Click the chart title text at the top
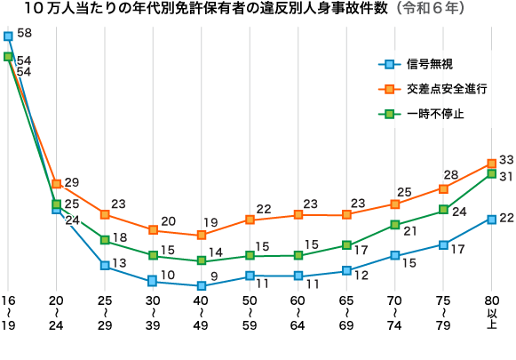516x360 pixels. [x=258, y=11]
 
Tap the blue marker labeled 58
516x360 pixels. [x=8, y=36]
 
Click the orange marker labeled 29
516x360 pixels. [x=57, y=184]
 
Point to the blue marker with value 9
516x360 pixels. [x=202, y=286]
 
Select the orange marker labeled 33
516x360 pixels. [x=491, y=164]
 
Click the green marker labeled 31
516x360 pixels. [x=491, y=174]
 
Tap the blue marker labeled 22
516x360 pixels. [x=491, y=219]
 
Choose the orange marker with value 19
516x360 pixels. [x=202, y=235]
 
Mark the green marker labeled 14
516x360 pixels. [x=202, y=260]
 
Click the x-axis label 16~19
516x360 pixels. [x=8, y=313]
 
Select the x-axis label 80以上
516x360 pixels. [x=491, y=313]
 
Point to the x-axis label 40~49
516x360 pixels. [x=202, y=313]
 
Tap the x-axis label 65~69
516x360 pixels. [x=346, y=313]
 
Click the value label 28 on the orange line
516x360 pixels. [x=451, y=175]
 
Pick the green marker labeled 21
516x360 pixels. [x=394, y=225]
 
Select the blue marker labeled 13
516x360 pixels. [x=105, y=266]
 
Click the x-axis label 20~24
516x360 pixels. [x=57, y=313]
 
